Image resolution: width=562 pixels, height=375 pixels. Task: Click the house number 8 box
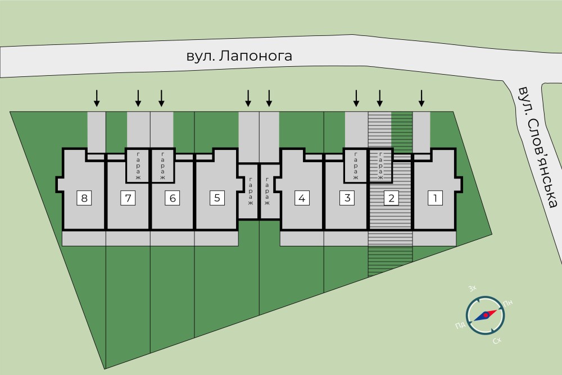tap(84, 198)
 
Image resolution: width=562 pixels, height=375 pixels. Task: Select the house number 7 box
tap(128, 198)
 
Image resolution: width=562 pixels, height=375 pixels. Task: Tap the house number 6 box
tap(173, 198)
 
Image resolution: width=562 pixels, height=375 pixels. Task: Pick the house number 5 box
tap(217, 198)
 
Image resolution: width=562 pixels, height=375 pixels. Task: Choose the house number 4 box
tap(302, 198)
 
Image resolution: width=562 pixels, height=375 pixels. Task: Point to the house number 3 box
tap(347, 198)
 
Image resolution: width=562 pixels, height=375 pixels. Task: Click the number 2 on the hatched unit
tap(391, 198)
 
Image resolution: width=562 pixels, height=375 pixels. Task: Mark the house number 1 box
tap(435, 198)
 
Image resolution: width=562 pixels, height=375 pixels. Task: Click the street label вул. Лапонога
tap(240, 56)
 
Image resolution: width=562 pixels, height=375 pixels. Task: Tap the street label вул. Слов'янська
tap(538, 147)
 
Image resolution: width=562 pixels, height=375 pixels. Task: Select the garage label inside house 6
tap(162, 166)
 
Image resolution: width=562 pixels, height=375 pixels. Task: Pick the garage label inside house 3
tap(356, 166)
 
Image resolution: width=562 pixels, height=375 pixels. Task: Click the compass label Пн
tap(508, 304)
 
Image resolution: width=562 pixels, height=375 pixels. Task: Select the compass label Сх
tap(497, 341)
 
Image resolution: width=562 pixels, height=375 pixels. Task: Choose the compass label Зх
tap(473, 289)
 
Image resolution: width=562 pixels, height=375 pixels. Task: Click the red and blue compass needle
tap(485, 315)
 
